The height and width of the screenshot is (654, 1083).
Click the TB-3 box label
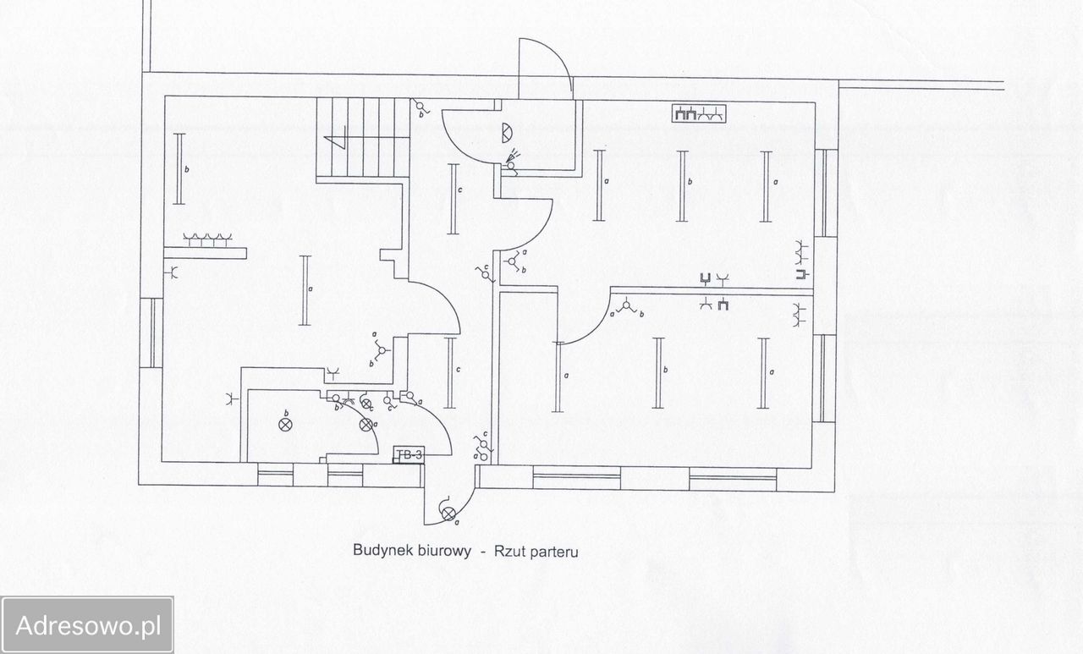tap(409, 455)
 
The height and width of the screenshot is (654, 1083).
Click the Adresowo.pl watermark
tap(87, 626)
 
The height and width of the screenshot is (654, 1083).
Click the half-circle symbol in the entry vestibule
tap(507, 131)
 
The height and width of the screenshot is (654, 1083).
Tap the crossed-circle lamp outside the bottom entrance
tap(448, 514)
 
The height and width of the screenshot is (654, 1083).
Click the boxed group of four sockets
tap(700, 113)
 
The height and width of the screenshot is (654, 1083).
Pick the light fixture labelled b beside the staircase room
tap(179, 168)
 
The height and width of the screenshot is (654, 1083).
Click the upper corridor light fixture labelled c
tap(453, 199)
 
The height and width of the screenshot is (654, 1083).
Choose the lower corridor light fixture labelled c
tap(449, 372)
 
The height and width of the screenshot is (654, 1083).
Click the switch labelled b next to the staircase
tap(418, 107)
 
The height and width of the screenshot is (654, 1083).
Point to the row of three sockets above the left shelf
tap(207, 239)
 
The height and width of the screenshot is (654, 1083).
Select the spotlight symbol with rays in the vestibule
tap(510, 162)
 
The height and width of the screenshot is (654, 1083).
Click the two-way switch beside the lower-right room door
tap(627, 306)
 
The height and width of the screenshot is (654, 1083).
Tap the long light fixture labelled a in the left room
tap(305, 290)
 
